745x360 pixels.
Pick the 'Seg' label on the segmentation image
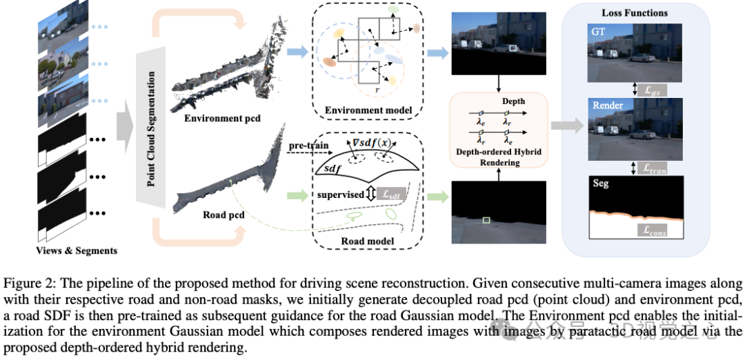tap(600, 184)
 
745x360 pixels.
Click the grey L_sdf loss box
tap(392, 196)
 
